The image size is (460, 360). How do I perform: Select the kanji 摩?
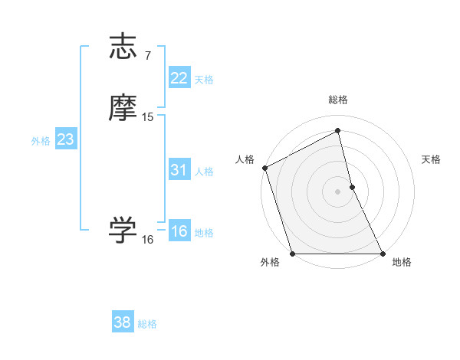coord(123,108)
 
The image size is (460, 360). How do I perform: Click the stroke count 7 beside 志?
coord(148,55)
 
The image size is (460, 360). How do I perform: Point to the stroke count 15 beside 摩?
coord(148,117)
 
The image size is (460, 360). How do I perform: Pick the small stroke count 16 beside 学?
coord(148,240)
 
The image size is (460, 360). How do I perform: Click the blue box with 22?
coord(179,78)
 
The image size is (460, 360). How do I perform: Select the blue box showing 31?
coord(179,170)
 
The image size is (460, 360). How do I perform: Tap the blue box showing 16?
coord(179,231)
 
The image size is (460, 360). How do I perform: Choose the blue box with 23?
coord(65,139)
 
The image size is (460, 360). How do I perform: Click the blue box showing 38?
coord(122,322)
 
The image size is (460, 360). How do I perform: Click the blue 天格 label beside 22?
coord(204,80)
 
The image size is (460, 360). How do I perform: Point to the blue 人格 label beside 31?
coord(204,172)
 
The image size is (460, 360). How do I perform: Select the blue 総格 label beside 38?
coord(147,324)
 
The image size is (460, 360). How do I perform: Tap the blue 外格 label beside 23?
coord(41,141)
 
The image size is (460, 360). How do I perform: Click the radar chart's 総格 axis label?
coord(338,100)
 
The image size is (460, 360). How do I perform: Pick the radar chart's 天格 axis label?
coord(432,160)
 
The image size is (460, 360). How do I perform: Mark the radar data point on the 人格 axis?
coord(264,168)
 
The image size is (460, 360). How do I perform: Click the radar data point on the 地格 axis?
coord(383,254)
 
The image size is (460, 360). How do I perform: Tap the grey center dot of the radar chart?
coord(337,191)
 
